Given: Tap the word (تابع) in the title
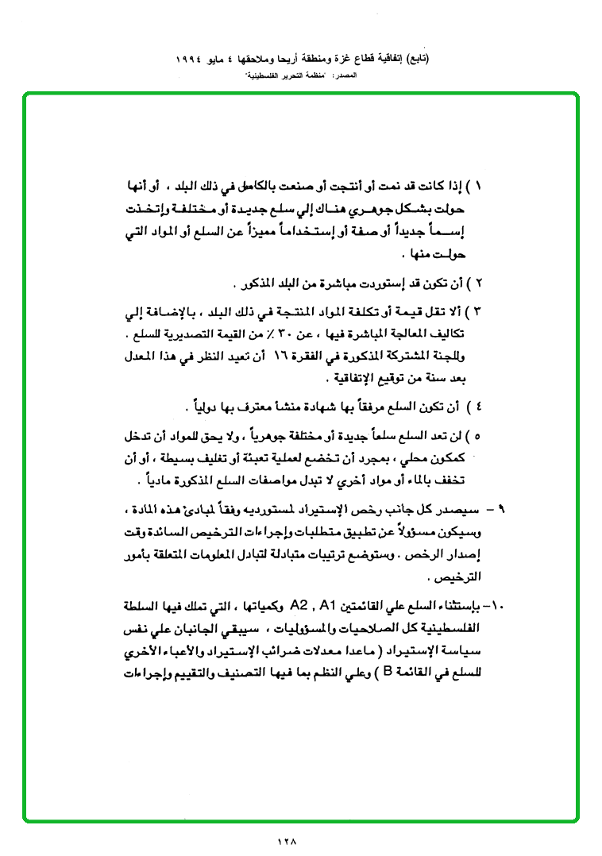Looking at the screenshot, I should [414, 60].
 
